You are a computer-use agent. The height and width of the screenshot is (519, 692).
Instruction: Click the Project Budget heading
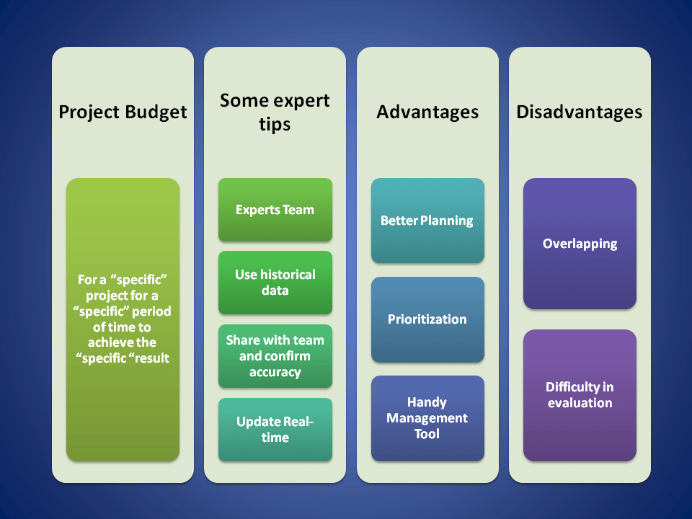(123, 112)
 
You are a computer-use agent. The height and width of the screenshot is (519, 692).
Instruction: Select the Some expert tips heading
(275, 112)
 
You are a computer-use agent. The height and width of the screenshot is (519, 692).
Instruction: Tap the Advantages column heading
(427, 112)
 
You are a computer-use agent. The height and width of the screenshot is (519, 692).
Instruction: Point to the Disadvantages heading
(580, 112)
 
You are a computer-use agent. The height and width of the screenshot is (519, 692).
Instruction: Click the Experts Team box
(275, 210)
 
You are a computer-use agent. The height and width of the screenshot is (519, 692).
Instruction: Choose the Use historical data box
(275, 283)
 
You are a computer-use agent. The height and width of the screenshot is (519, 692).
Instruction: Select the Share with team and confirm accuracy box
(275, 356)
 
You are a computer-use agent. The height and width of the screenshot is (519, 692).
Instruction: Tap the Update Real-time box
(275, 430)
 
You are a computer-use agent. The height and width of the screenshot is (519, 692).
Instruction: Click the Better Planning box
(427, 221)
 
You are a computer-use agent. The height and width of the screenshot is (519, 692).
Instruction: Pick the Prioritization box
(427, 319)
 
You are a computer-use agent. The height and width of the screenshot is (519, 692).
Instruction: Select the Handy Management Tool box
(427, 418)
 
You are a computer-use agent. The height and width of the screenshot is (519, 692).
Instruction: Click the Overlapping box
(580, 244)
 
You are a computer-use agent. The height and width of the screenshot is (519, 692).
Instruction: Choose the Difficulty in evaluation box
(580, 395)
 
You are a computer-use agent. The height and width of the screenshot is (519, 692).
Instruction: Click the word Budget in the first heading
(156, 112)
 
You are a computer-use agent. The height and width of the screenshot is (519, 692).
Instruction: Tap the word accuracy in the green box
(275, 372)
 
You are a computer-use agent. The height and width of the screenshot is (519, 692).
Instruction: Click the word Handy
(427, 402)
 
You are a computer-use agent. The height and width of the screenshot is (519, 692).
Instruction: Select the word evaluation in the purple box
(580, 403)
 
